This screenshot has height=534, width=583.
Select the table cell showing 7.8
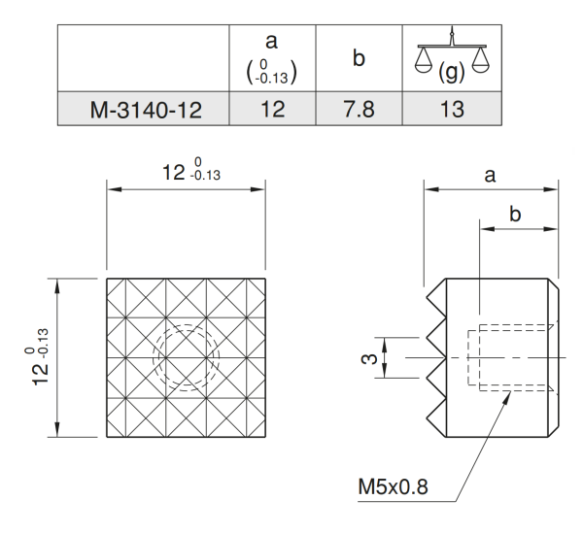click(360, 108)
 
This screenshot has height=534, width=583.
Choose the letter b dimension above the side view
click(516, 215)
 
